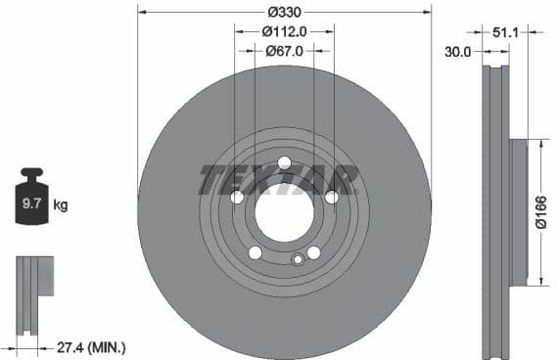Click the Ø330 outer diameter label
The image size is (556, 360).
coord(284,12)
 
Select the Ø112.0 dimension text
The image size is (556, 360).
coord(285,30)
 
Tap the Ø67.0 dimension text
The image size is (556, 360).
coord(285,49)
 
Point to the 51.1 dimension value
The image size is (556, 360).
coord(505,32)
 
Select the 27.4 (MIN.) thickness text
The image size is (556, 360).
coord(92,347)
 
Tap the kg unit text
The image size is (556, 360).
coord(61,205)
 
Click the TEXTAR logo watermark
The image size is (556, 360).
coord(279,180)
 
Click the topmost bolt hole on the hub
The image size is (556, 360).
coord(284,162)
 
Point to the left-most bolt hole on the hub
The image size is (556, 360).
coord(237,198)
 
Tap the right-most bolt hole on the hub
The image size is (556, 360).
coord(331,198)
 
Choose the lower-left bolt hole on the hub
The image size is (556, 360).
coord(255,253)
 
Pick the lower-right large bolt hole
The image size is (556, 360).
coord(313,252)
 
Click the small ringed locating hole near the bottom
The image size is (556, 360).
coord(298,259)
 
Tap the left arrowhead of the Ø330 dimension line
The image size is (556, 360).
coord(140,12)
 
